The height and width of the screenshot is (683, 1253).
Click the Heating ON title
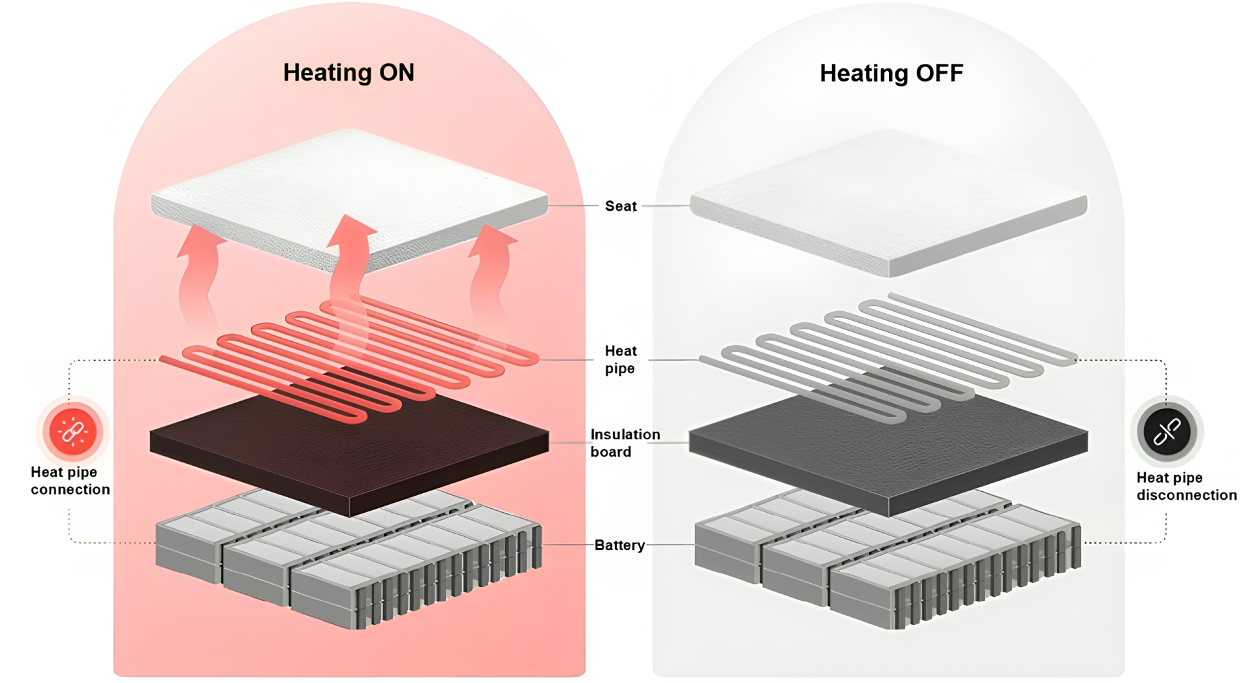point(348,72)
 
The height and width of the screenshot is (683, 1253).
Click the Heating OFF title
point(891,73)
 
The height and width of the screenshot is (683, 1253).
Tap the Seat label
point(620,206)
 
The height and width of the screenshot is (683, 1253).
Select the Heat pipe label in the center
point(620,359)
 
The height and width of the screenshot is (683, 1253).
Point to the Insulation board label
point(625,443)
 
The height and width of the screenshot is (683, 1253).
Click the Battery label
point(619,545)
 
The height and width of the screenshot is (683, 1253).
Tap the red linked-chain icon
point(72,431)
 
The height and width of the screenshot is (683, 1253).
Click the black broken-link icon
point(1167,431)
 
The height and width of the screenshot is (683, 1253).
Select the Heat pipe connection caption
point(70,481)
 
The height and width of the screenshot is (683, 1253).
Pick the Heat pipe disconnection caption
point(1186,487)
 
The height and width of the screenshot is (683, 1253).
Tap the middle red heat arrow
point(349,261)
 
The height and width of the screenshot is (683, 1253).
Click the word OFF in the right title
point(939,73)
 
